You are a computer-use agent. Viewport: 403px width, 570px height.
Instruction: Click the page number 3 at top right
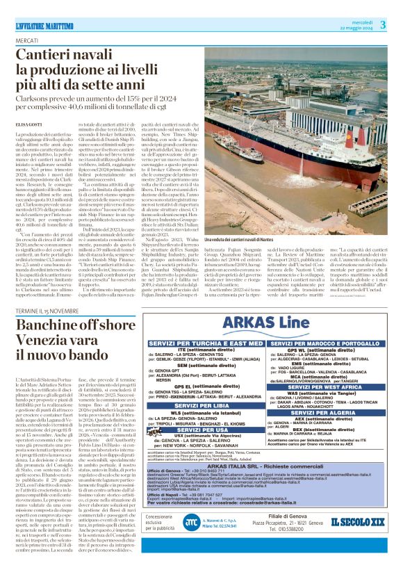pos(383,25)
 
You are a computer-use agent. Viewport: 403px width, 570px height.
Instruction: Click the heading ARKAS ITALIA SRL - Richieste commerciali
pos(265,465)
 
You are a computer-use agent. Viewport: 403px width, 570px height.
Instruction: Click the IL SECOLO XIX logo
pos(356,540)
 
